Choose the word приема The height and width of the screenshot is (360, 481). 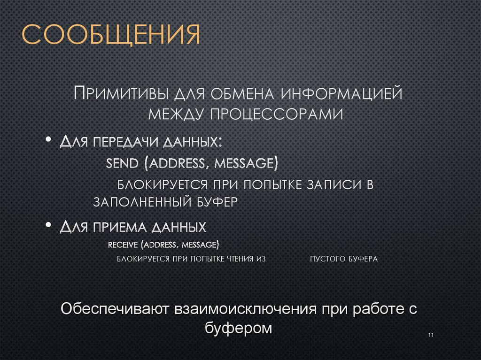(x=118, y=228)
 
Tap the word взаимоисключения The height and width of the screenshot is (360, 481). (x=244, y=309)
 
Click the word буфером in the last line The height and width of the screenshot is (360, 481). (x=239, y=328)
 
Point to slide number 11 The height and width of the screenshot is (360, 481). (x=431, y=335)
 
